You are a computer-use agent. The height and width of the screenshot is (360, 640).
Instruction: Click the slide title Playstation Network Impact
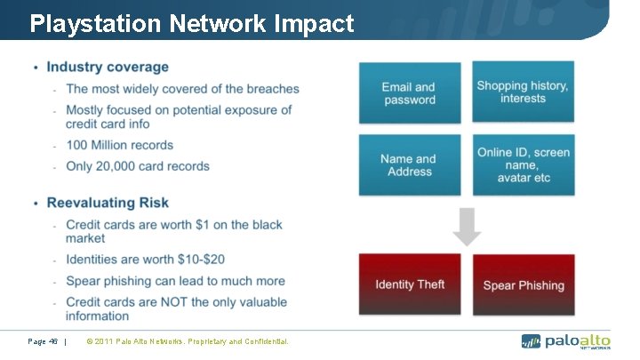[x=191, y=23]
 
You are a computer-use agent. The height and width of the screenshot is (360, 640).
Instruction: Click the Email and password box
[x=409, y=92]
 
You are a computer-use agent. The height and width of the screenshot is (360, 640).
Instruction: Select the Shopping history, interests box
[x=522, y=92]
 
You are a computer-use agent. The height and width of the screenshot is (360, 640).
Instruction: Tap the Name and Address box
[x=409, y=164]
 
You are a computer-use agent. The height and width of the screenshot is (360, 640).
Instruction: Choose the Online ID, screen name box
[x=522, y=164]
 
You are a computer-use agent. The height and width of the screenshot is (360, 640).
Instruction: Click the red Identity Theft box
[x=409, y=284]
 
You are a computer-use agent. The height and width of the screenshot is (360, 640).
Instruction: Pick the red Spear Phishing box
[x=523, y=285]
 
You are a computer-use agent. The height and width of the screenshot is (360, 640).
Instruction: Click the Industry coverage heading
[x=107, y=67]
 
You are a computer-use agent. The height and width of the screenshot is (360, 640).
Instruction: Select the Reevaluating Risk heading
[x=108, y=204]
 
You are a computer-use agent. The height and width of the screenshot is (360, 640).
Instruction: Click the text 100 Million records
[x=119, y=145]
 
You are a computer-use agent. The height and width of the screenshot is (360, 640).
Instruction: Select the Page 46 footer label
[x=44, y=341]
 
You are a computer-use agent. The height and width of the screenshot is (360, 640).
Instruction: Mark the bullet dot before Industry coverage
[x=35, y=68]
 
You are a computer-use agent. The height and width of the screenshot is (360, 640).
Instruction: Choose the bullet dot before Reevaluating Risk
[x=35, y=204]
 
